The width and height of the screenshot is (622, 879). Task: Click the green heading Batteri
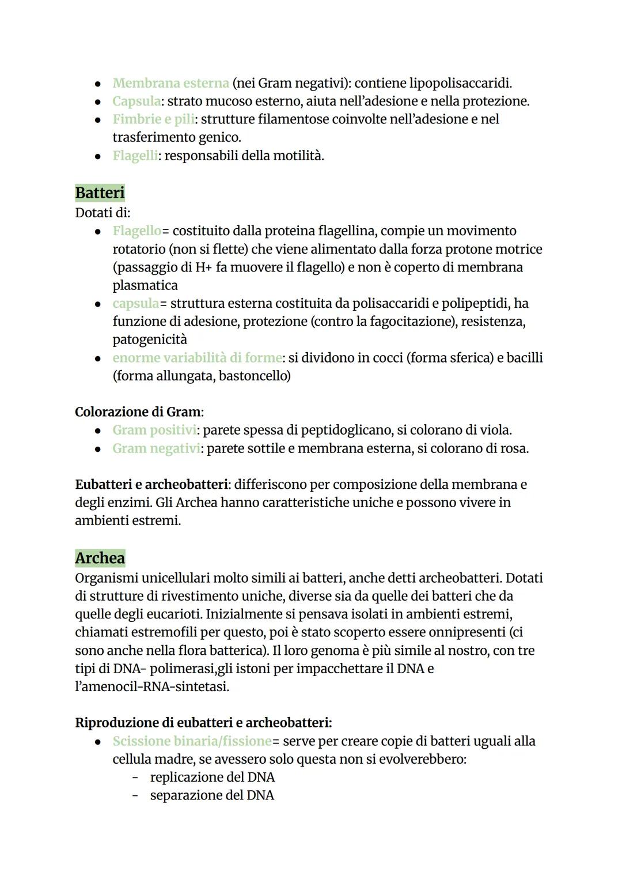[x=100, y=193]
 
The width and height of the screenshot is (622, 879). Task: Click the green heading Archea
[x=100, y=558]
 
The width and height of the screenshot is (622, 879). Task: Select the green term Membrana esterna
[x=170, y=83]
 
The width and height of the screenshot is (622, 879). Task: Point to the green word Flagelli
[x=135, y=156]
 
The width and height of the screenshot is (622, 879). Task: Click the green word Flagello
[x=136, y=231]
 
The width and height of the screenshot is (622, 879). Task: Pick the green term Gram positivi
[x=154, y=430]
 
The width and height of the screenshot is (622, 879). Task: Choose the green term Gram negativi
[x=156, y=448]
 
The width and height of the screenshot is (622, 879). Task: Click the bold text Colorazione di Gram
[x=138, y=412]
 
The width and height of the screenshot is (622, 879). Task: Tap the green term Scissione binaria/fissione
[x=192, y=741]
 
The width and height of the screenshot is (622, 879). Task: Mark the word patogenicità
[x=150, y=339]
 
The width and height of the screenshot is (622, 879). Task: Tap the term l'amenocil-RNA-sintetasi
[x=151, y=687]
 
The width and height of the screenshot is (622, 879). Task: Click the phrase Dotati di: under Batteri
[x=103, y=213]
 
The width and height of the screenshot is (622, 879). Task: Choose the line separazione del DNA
[x=212, y=795]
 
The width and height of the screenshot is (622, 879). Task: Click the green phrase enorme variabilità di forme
[x=197, y=358]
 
